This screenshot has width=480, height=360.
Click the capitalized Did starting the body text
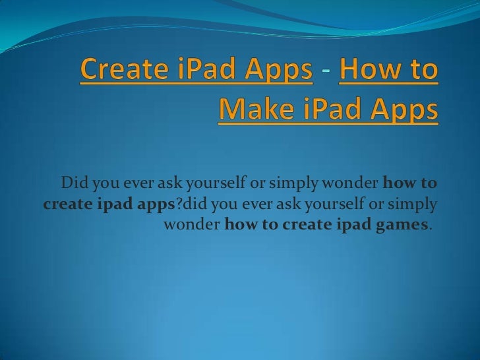pos(73,182)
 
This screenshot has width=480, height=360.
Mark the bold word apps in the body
pos(158,204)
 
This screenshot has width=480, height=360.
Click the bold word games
pos(396,226)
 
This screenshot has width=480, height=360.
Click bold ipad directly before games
pos(352,226)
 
